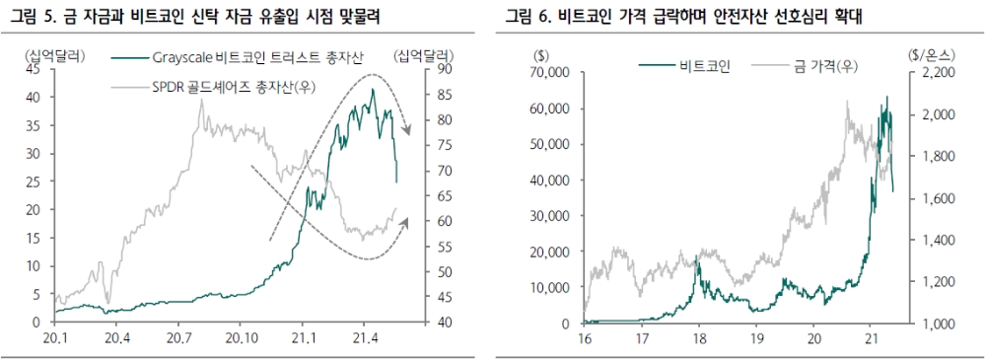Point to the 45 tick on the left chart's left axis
click(33, 70)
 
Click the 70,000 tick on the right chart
click(547, 73)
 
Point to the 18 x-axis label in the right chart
click(699, 338)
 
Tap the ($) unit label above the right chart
click(541, 56)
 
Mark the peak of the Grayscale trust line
click(372, 90)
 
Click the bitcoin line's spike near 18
click(697, 257)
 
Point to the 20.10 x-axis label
click(241, 338)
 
